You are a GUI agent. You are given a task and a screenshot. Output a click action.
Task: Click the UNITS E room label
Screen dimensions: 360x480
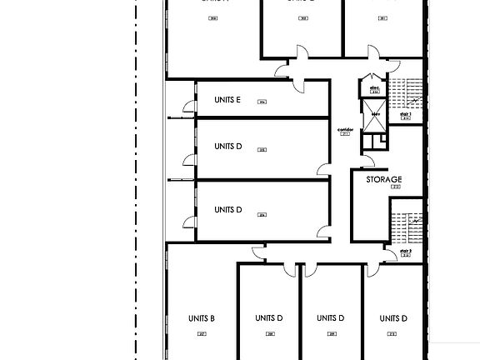(227, 100)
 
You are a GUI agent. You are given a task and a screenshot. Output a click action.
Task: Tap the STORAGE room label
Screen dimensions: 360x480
(384, 179)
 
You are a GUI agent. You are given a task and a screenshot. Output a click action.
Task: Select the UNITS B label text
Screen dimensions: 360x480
(202, 318)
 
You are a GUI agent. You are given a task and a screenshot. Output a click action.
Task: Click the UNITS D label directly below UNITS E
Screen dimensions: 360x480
(227, 147)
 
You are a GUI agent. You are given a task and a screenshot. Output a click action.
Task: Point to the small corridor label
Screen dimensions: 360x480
(346, 130)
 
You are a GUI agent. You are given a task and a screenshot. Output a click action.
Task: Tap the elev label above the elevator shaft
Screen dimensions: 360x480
(375, 115)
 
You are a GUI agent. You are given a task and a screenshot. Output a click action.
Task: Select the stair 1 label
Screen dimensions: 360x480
(406, 113)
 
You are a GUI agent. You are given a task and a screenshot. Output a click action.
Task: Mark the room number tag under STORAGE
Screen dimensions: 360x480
(395, 187)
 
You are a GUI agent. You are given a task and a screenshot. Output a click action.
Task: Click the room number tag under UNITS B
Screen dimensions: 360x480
(202, 334)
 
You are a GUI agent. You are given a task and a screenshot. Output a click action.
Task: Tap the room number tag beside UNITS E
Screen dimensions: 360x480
(262, 102)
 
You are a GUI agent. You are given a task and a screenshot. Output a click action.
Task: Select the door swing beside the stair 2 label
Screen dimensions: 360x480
(389, 257)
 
